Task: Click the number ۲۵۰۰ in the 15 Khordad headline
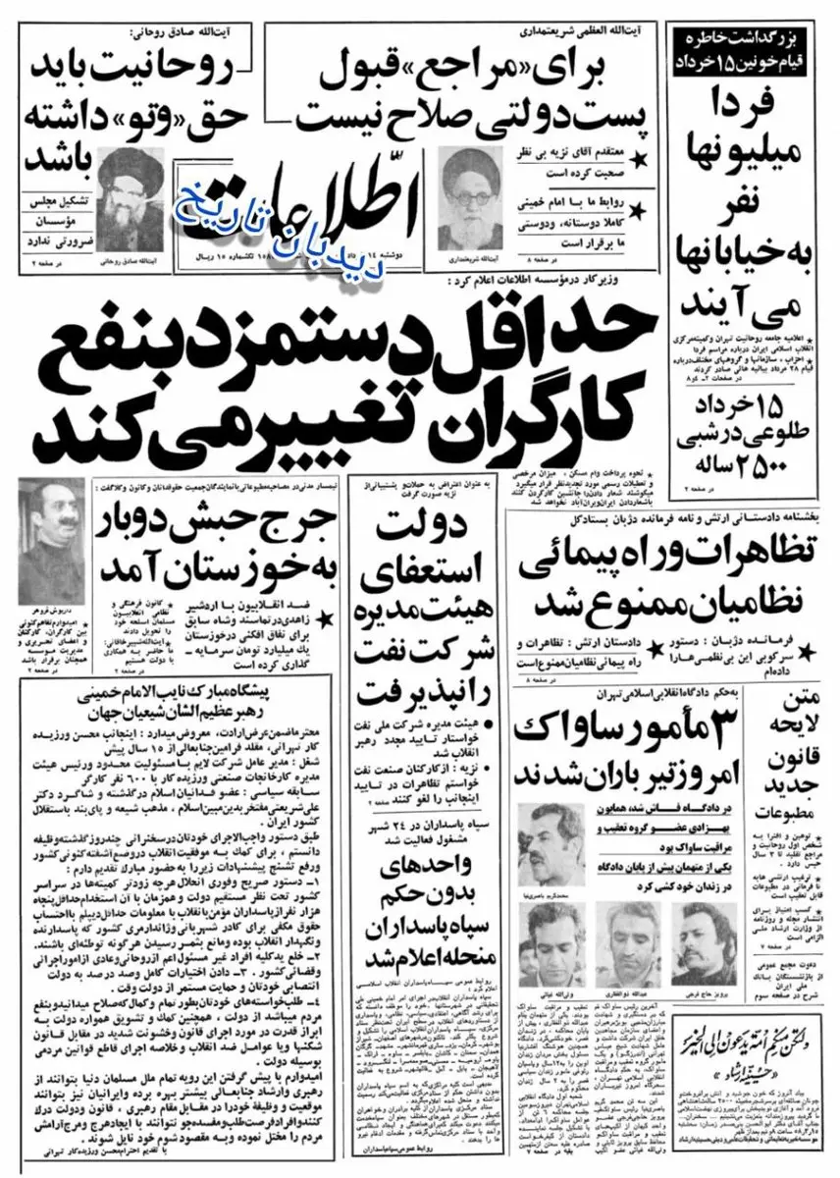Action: (x=724, y=460)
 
